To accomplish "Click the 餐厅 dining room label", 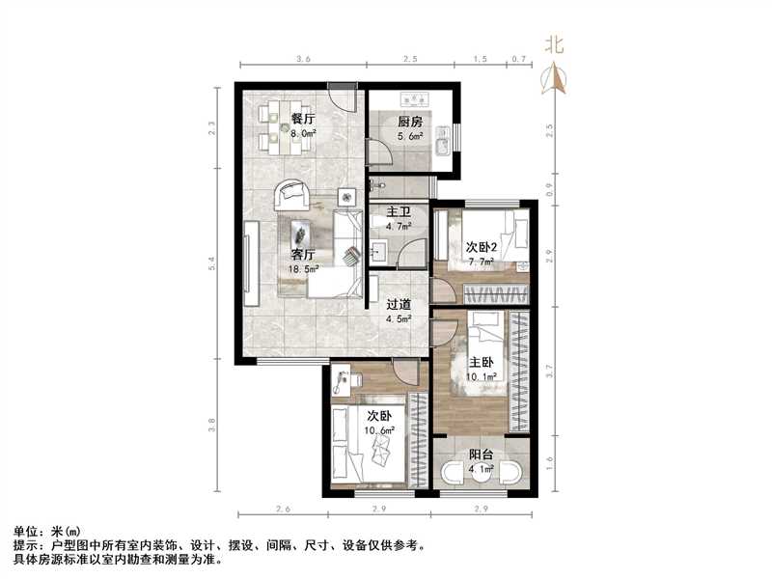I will coord(303,119).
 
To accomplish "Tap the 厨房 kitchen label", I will coord(410,122).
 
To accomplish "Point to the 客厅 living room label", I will coord(304,255).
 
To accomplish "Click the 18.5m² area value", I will coord(305,269).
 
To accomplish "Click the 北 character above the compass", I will coord(555,44).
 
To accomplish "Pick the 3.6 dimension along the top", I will coord(302,60).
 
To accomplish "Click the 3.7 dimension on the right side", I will coord(549,368).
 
